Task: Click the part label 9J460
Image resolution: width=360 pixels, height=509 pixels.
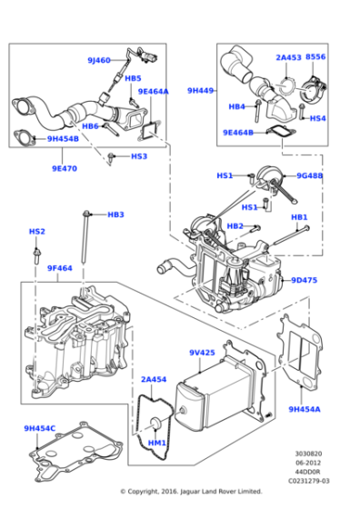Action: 99,60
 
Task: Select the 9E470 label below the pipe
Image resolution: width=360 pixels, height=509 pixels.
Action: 65,167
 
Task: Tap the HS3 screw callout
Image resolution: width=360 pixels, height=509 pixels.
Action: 138,156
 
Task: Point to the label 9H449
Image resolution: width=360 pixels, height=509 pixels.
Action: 200,90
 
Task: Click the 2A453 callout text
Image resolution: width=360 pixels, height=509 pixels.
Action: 288,57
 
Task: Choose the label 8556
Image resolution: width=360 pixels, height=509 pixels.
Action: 315,57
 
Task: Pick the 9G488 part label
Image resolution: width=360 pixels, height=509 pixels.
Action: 308,175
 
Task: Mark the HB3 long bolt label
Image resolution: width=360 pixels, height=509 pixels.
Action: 115,215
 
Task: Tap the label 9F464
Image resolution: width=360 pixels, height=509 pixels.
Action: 60,268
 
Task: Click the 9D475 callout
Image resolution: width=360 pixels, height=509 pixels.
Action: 305,280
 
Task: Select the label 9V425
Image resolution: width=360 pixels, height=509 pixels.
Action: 202,352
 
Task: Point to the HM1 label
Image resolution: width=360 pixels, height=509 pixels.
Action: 156,443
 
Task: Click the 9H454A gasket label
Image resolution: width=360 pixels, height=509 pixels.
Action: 305,409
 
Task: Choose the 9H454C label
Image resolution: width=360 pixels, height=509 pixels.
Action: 40,428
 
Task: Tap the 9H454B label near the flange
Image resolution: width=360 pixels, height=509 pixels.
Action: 63,139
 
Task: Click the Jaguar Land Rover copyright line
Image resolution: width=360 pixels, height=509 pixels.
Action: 191,492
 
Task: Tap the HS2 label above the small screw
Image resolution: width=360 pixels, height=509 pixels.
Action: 36,231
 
